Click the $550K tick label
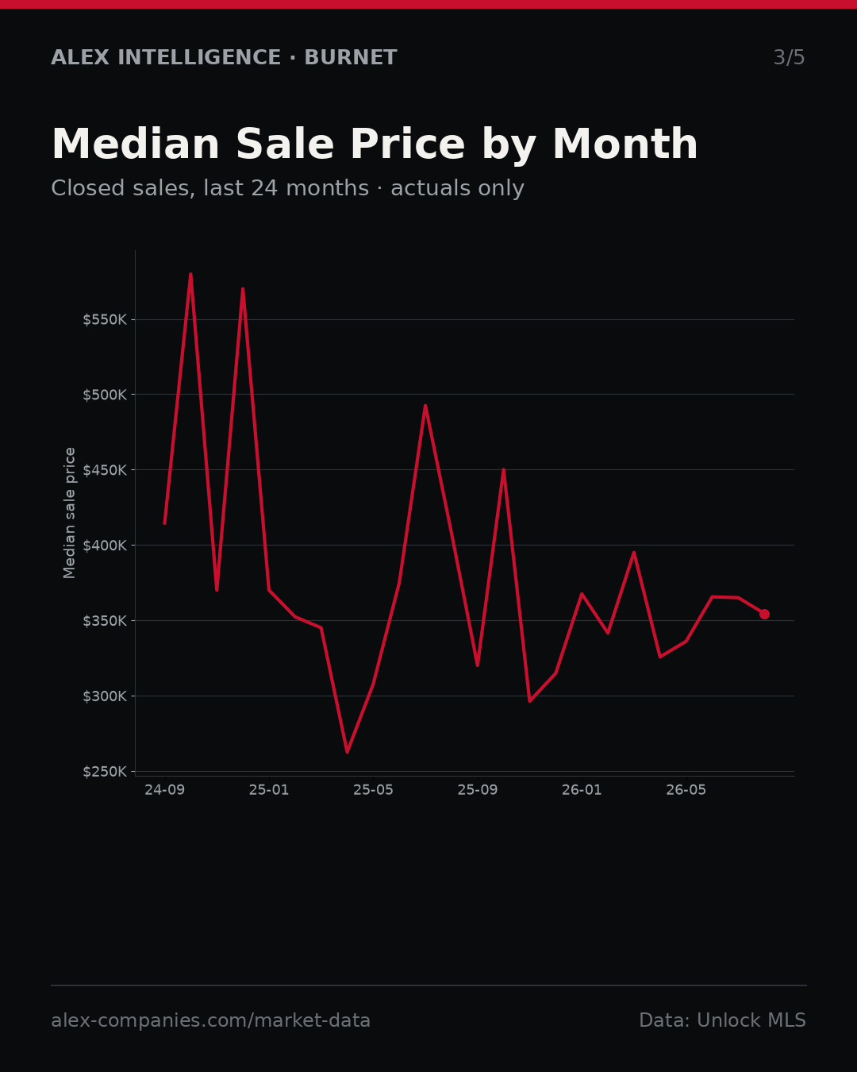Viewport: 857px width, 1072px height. pos(105,320)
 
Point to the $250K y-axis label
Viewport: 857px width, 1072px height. pos(105,772)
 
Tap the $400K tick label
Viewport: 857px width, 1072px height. pos(105,546)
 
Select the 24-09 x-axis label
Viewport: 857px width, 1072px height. pos(165,790)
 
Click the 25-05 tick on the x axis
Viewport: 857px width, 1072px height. pos(374,790)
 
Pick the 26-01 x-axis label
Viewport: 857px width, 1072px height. pos(582,790)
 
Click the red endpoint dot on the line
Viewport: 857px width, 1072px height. pos(764,614)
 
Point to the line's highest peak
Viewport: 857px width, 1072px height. pos(190,274)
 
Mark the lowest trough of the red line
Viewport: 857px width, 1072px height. pos(347,752)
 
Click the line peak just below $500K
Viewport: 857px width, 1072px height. pos(425,406)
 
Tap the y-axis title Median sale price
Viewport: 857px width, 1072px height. pos(69,513)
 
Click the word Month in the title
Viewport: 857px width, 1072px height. pos(625,144)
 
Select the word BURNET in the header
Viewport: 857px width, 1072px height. pos(351,57)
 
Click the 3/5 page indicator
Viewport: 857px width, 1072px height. pos(790,57)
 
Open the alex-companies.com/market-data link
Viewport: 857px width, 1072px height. pos(210,1020)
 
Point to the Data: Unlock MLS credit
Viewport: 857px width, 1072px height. pos(723,1020)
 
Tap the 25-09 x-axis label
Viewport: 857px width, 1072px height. pos(478,790)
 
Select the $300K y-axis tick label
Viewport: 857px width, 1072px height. pos(105,696)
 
